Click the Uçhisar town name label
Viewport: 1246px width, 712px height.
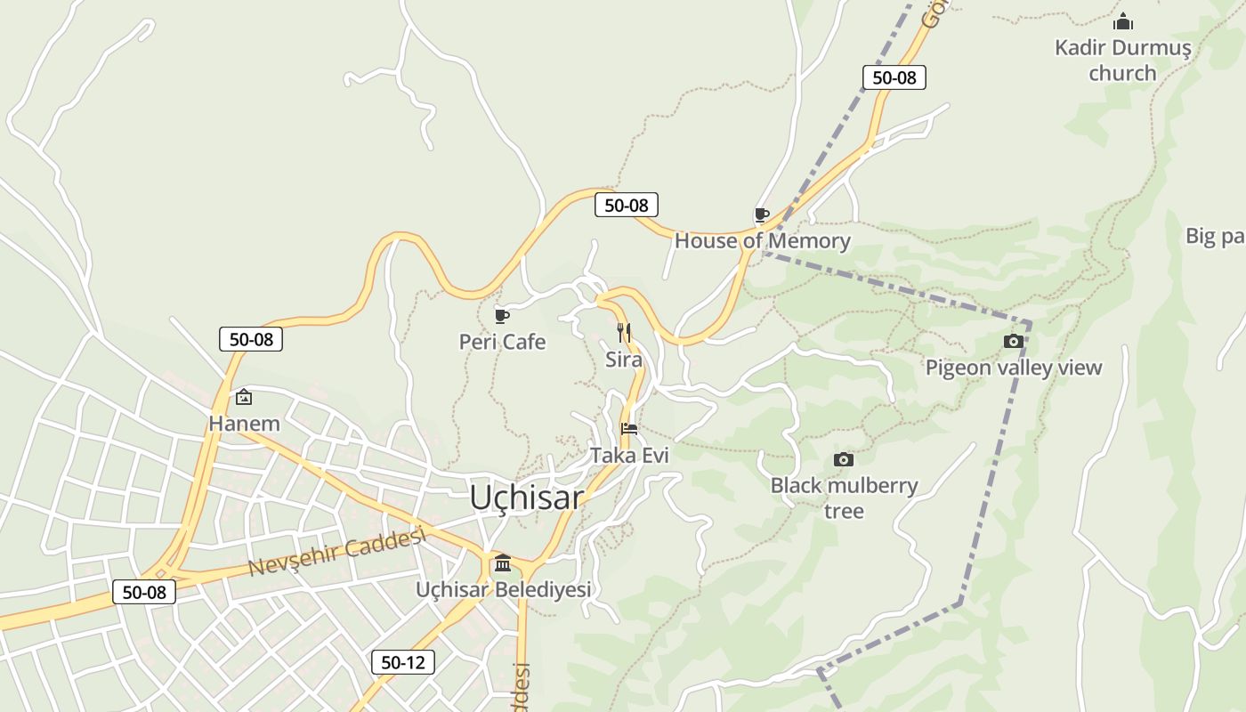[527, 498]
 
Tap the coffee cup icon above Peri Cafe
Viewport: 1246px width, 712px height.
[502, 315]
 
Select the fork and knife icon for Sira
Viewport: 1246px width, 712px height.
[624, 333]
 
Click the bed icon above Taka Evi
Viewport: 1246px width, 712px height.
[629, 428]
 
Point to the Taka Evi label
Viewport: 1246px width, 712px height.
[629, 455]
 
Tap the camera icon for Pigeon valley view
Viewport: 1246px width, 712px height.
[1013, 341]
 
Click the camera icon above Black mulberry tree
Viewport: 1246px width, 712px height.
[843, 459]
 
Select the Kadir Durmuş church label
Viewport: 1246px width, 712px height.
[1122, 60]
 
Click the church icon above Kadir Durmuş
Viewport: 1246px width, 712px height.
[1123, 20]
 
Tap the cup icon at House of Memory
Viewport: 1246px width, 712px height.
[762, 214]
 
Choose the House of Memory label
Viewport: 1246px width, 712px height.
[763, 240]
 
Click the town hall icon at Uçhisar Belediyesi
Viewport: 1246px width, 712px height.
[503, 562]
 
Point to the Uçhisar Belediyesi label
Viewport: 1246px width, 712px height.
[504, 589]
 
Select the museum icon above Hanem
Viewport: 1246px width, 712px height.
[244, 397]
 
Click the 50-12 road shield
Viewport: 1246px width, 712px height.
[403, 662]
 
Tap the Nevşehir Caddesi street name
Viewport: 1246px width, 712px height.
[337, 552]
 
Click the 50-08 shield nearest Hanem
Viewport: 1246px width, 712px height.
[251, 339]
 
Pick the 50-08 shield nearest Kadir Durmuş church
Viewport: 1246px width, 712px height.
[894, 77]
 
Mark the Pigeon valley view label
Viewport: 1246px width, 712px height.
[1014, 368]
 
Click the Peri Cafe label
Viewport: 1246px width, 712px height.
[502, 342]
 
